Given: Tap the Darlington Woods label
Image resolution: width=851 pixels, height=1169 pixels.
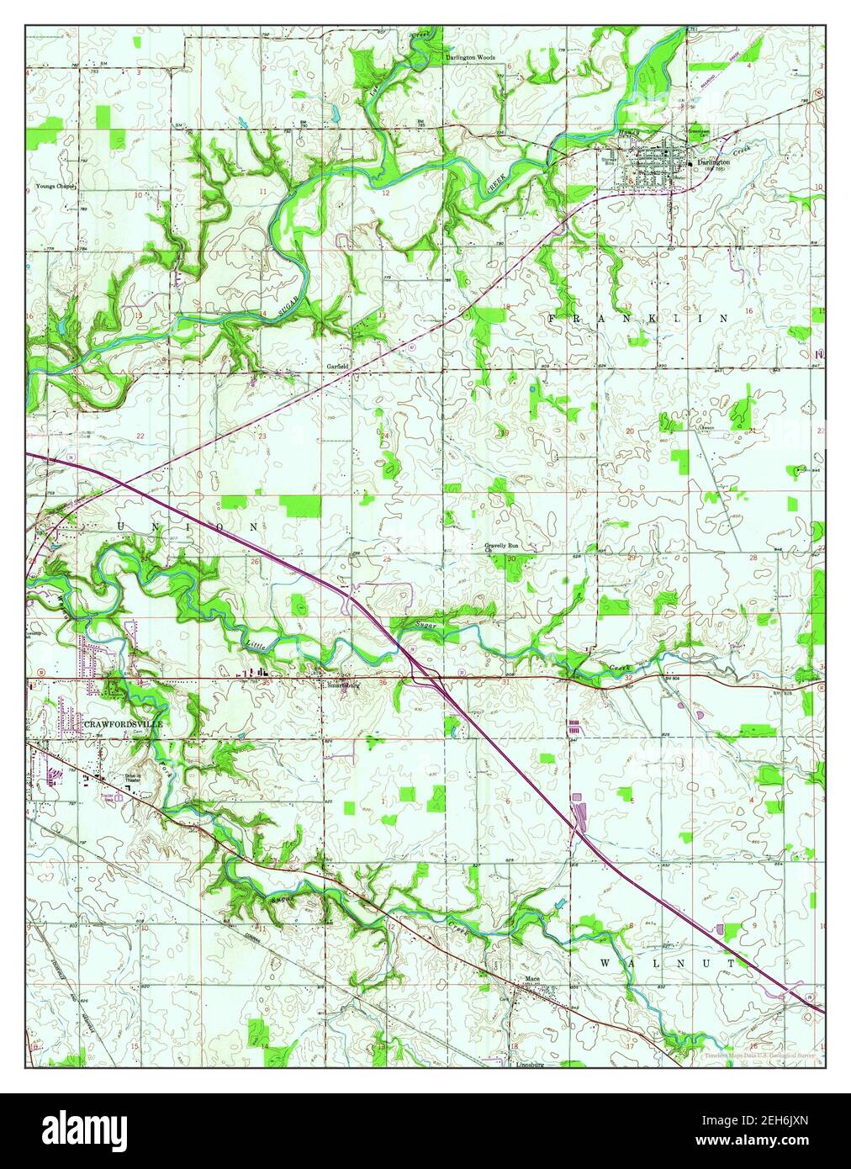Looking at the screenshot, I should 470,58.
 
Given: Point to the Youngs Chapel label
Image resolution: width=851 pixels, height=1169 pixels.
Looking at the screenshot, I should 55,186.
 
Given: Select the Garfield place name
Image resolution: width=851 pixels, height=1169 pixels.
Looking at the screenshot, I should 338,367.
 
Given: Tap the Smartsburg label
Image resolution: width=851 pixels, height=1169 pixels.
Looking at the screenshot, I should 343,685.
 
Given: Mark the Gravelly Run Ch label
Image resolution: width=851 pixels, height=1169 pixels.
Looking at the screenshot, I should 500,547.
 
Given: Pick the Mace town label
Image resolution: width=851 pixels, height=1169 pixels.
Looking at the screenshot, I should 531,979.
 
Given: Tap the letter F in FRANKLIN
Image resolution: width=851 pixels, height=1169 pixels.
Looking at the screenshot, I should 552,318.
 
